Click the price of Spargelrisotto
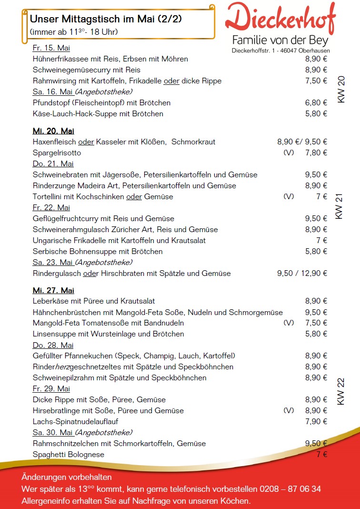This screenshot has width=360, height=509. point(316,153)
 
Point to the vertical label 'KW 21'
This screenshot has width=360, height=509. point(340,206)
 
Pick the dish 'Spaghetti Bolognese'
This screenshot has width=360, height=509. point(69,455)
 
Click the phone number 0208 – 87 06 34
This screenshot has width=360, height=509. point(290,489)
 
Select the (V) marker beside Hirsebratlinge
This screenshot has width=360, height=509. point(289,411)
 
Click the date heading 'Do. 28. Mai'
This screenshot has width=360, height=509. point(53,345)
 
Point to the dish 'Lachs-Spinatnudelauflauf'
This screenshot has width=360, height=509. point(75,422)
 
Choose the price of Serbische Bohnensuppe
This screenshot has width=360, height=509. point(316,252)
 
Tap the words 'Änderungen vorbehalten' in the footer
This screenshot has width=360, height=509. point(67,477)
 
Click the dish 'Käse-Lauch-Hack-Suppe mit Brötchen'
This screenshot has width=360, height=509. point(98,114)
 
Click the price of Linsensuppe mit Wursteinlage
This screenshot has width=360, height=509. point(316,334)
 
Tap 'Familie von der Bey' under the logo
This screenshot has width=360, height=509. point(280,40)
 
